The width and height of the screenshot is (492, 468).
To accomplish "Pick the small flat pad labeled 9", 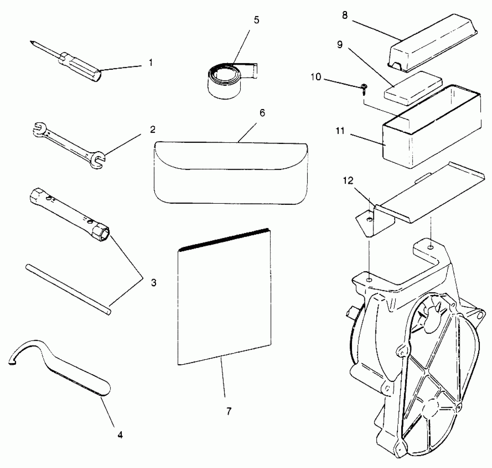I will pos(413,89).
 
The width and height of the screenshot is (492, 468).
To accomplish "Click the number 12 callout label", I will pos(348,181).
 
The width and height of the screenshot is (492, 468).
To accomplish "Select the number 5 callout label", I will pos(256,20).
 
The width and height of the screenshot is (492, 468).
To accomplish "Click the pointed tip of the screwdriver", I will pos(32,42).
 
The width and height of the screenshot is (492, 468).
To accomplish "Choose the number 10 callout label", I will pos(316,77).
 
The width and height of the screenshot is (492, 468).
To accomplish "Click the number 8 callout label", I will pos(345,15).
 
